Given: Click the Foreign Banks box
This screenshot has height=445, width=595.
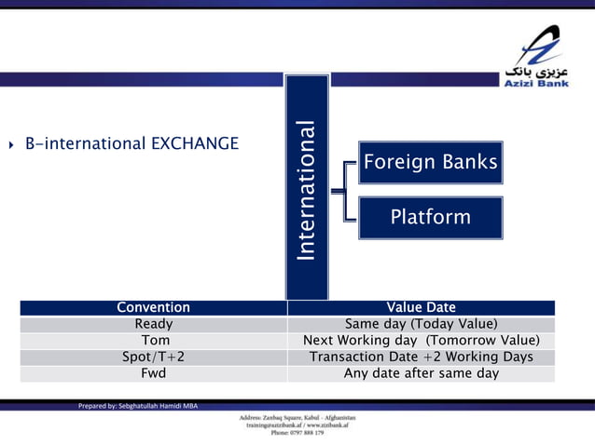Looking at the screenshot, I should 430,163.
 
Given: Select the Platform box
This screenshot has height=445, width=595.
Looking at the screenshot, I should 430,218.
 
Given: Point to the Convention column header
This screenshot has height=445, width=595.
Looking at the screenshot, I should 153,307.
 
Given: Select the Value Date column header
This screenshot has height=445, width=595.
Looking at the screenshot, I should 421,307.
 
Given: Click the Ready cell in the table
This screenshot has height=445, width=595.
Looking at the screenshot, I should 153,324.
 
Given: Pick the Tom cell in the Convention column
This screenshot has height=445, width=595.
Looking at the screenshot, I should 153,341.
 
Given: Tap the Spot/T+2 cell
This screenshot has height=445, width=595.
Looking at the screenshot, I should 153,357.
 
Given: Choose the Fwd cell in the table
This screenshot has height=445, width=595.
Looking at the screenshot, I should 153,373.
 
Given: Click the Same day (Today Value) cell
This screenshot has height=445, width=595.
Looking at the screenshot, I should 421,324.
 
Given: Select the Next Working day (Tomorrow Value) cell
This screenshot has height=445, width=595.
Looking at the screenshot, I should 421,341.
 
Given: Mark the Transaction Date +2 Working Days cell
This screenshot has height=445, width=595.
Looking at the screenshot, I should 421,357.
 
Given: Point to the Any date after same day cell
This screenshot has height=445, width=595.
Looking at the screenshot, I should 421,373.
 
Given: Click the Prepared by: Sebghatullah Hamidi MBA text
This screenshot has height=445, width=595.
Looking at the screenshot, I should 137,406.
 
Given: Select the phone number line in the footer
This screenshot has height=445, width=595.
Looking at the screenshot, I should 297,433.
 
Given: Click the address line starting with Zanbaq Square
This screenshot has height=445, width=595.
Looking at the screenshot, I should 297,417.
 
